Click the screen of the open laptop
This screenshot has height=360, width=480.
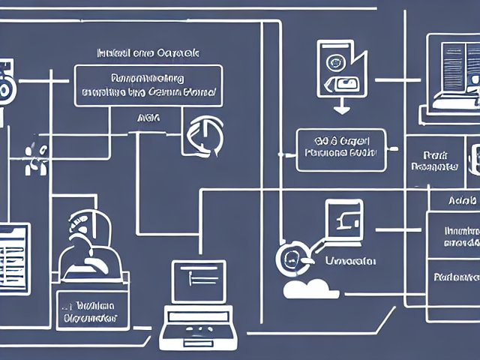pyautogui.click(x=199, y=284)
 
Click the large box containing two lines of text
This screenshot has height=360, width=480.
pyautogui.click(x=148, y=85)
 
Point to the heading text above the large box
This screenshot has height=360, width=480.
pyautogui.click(x=148, y=54)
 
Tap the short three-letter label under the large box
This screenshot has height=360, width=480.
pyautogui.click(x=148, y=118)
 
